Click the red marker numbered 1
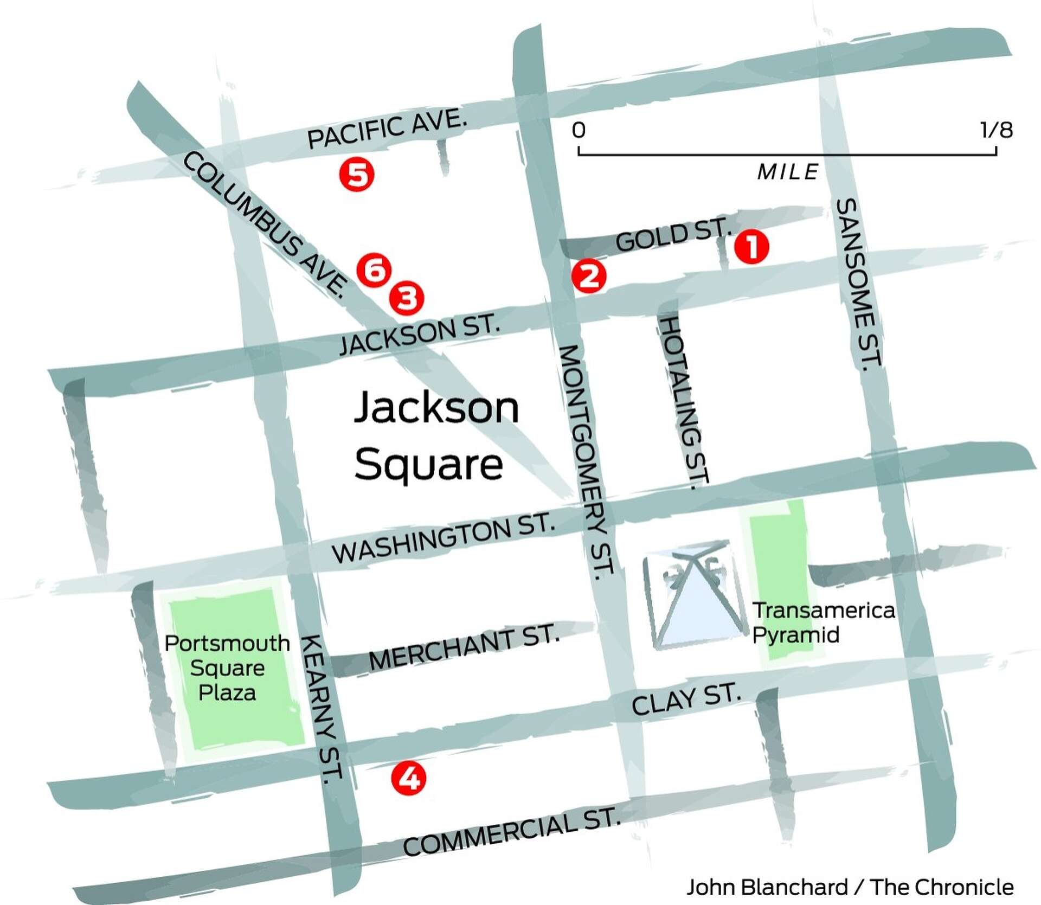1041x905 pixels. tap(751, 247)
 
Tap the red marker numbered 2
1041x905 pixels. tap(589, 277)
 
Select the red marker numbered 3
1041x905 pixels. tap(407, 298)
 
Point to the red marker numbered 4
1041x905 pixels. tap(409, 779)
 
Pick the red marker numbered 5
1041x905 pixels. tap(357, 175)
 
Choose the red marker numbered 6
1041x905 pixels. tap(374, 269)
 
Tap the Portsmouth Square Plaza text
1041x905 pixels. tap(227, 668)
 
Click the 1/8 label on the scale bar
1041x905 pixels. tap(996, 130)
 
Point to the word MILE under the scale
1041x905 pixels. tap(787, 172)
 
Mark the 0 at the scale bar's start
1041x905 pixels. tap(579, 130)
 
